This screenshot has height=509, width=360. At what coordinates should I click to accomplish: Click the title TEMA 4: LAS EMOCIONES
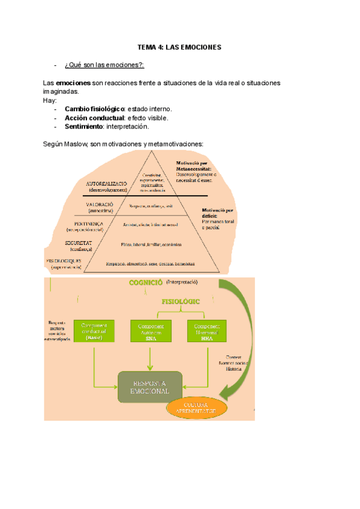pos(179,46)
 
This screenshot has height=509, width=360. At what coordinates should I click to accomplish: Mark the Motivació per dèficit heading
pos(218,214)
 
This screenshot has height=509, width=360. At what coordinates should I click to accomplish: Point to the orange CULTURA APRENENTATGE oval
pos(197,408)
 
